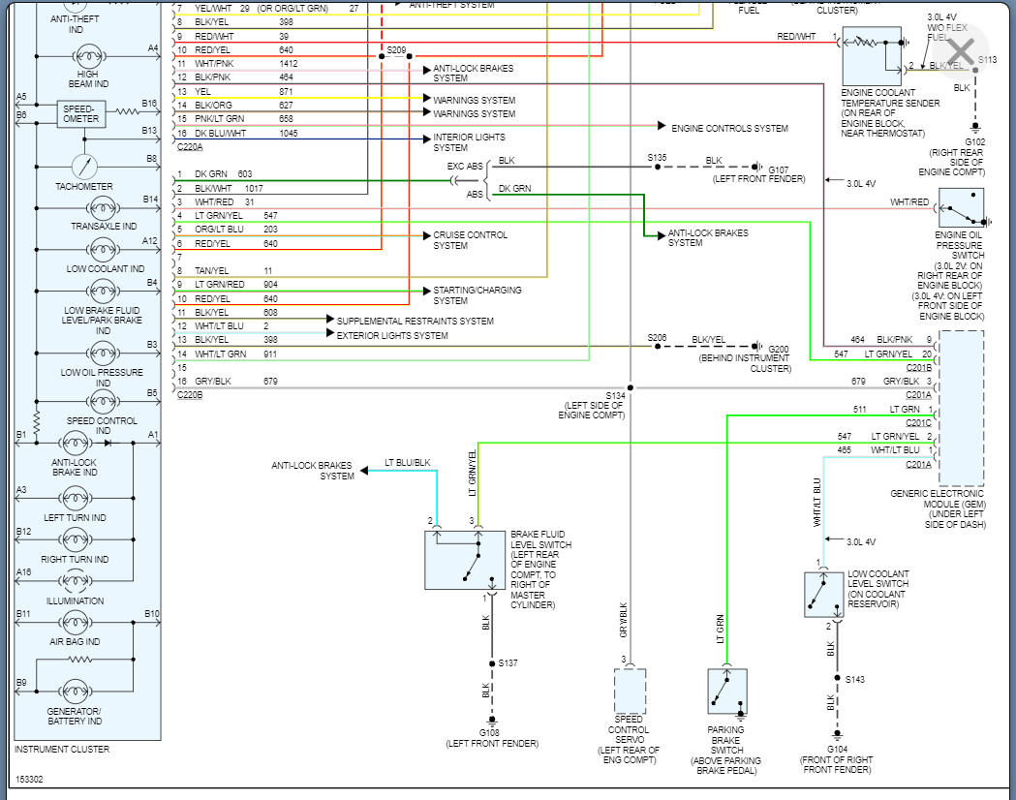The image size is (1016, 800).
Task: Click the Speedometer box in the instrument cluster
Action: (x=81, y=114)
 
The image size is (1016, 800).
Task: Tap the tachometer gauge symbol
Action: (x=84, y=168)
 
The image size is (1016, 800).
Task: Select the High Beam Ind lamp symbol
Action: (x=88, y=57)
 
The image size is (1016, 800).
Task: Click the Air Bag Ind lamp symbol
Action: (x=76, y=623)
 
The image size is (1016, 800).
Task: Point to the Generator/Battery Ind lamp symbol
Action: (x=76, y=692)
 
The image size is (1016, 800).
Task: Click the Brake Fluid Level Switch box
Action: (x=465, y=560)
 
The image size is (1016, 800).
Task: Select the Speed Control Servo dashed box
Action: (x=630, y=692)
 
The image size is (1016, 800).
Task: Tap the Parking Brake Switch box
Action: (x=727, y=692)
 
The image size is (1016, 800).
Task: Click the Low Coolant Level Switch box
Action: (x=823, y=594)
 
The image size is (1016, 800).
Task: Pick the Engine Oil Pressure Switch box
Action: (x=961, y=208)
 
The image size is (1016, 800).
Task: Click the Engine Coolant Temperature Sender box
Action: (x=872, y=56)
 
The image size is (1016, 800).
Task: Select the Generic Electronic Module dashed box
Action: (x=961, y=408)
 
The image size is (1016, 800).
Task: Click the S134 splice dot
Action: (x=630, y=388)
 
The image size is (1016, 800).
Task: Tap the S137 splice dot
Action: (x=492, y=663)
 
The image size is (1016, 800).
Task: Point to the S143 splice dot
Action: (x=837, y=678)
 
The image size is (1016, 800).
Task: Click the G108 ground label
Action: (x=489, y=732)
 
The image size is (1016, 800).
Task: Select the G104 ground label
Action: (x=837, y=749)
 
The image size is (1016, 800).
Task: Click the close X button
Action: (x=961, y=50)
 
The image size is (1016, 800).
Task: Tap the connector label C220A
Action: (x=190, y=147)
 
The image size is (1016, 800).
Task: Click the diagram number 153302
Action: (x=29, y=780)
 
